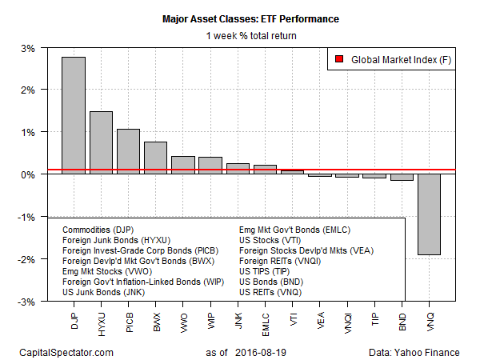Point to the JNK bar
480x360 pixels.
238,169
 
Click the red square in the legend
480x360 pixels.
340,58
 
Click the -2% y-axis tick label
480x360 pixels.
26,259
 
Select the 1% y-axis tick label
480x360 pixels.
27,132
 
